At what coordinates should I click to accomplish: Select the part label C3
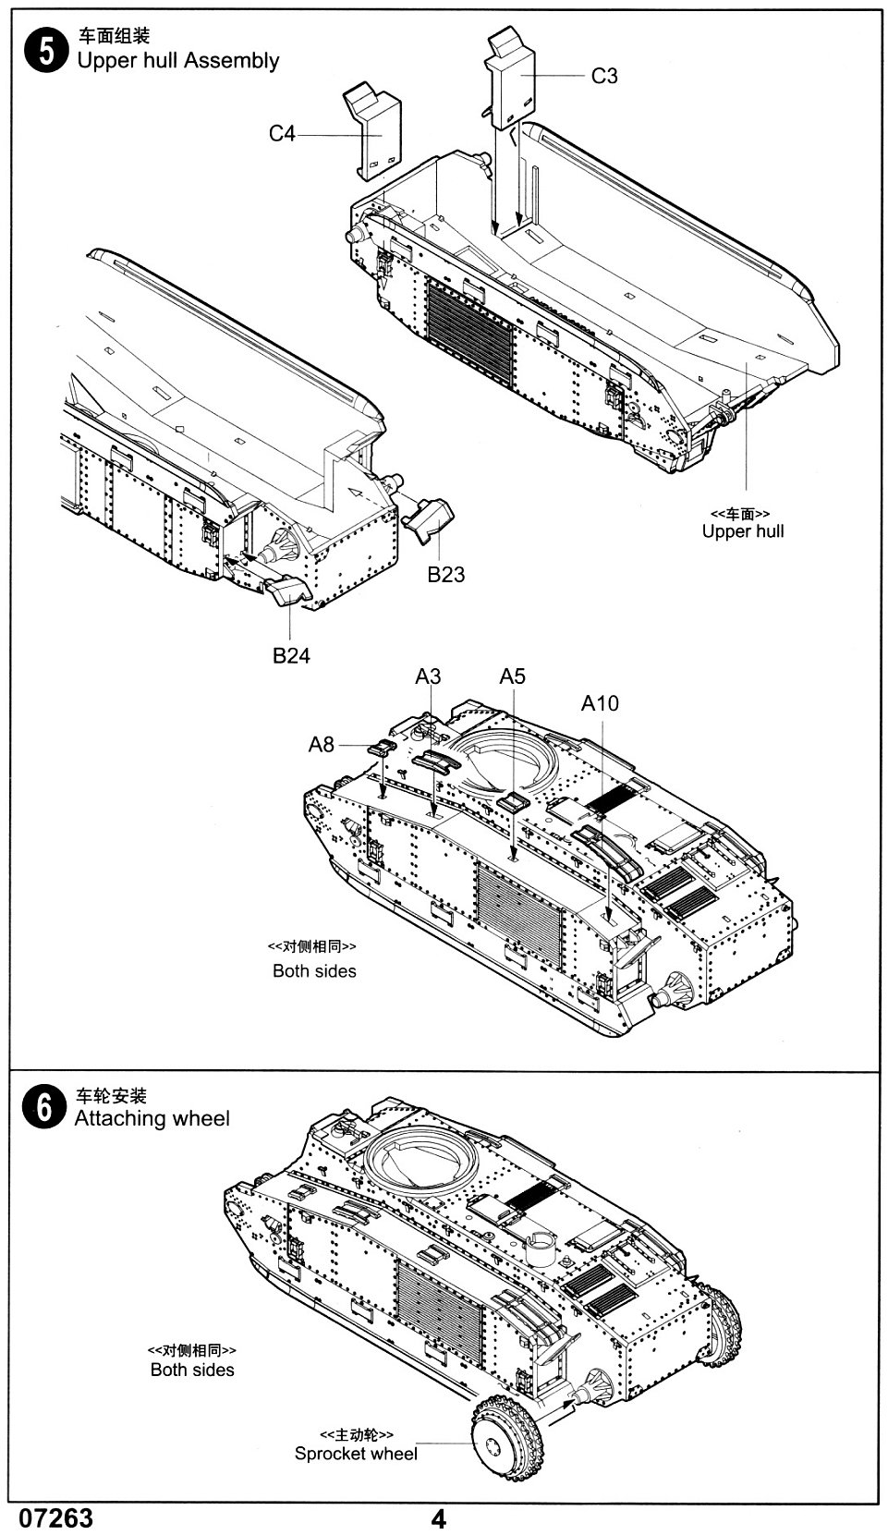pyautogui.click(x=603, y=76)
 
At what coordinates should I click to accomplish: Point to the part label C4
pyautogui.click(x=282, y=134)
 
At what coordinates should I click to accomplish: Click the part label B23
pyautogui.click(x=445, y=575)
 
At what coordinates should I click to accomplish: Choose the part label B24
pyautogui.click(x=291, y=655)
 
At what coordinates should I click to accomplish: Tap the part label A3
pyautogui.click(x=428, y=676)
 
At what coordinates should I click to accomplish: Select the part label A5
pyautogui.click(x=512, y=676)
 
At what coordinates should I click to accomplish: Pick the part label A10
pyautogui.click(x=600, y=703)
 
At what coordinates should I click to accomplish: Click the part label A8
pyautogui.click(x=321, y=744)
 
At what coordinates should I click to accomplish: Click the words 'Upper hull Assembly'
pyautogui.click(x=177, y=61)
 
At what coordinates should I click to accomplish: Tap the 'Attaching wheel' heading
pyautogui.click(x=152, y=1118)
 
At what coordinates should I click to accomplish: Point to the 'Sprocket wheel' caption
pyautogui.click(x=356, y=1454)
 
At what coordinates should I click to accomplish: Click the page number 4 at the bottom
pyautogui.click(x=439, y=1519)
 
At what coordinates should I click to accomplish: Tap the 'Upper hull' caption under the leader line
pyautogui.click(x=742, y=531)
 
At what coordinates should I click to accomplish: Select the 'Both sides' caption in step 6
pyautogui.click(x=192, y=1370)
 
